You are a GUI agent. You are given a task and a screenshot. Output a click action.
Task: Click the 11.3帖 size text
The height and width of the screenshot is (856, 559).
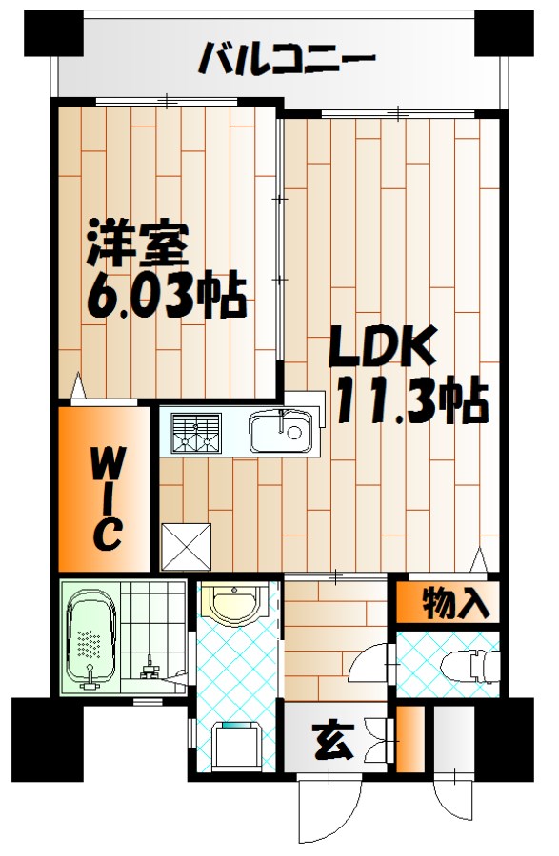coord(409,404)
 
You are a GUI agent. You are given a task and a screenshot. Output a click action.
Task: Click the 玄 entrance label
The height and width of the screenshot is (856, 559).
coord(330,737)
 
